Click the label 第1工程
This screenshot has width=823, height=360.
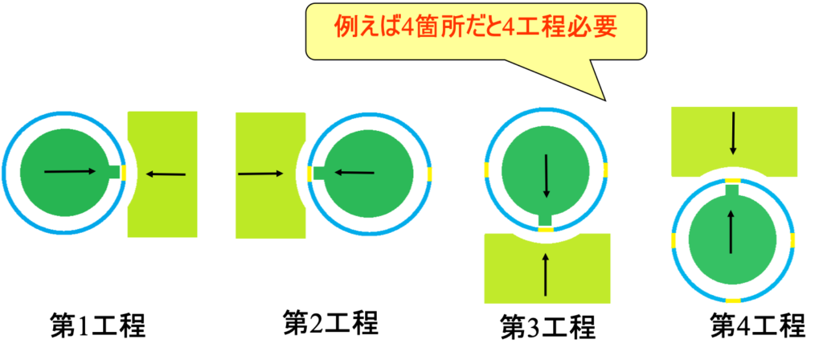coord(97,326)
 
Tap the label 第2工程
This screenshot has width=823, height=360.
coord(330,323)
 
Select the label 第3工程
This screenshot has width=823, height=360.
coord(547,326)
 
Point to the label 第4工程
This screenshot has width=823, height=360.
coord(758,326)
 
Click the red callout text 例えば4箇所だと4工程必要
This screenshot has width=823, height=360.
coord(476,28)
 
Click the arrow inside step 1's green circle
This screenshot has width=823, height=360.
coord(71,171)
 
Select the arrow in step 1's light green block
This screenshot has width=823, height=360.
coord(166,174)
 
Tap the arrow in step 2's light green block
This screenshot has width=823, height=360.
coord(261,174)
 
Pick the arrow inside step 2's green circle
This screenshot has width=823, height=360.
coord(354,172)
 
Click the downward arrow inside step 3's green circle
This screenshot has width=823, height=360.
coord(547,176)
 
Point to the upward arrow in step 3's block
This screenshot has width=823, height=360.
coord(546,275)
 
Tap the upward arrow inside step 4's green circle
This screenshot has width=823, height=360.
coord(731,232)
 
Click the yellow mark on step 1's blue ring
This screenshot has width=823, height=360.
coord(124,172)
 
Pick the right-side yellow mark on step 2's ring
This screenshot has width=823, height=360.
coord(429,174)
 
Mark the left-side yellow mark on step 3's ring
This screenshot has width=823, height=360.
coord(486,170)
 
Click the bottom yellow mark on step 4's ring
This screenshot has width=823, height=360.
coord(733,301)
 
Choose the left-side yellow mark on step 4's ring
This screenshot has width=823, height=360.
coord(674,240)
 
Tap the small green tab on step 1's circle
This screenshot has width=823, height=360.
coord(114,172)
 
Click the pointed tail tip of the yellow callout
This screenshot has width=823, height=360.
coord(606,100)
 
